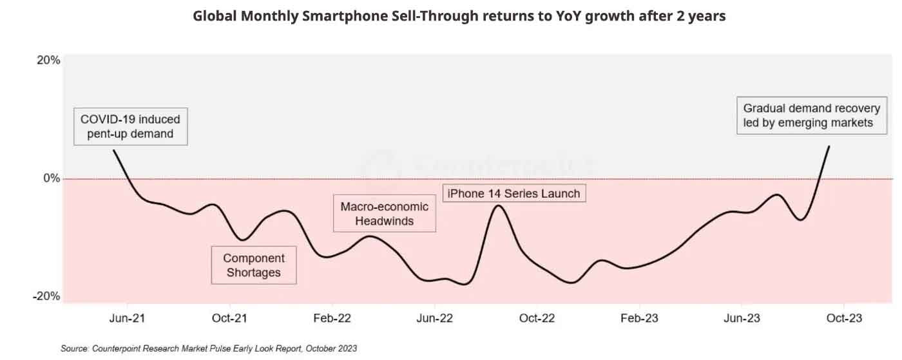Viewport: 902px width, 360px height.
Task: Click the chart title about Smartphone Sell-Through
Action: pyautogui.click(x=459, y=16)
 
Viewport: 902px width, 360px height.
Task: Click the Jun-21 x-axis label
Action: pyautogui.click(x=127, y=318)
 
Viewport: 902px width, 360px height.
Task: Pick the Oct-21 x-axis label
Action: pyautogui.click(x=229, y=318)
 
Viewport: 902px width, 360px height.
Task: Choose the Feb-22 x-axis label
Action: pyautogui.click(x=332, y=318)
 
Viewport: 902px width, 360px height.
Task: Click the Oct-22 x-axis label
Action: pyautogui.click(x=537, y=318)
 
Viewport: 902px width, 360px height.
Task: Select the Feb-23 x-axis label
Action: pyautogui.click(x=639, y=318)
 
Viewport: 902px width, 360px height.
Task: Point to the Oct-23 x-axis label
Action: pyautogui.click(x=843, y=318)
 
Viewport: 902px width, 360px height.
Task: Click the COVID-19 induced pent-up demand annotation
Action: pyautogui.click(x=130, y=126)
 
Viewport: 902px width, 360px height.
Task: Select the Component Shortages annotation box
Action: pyautogui.click(x=254, y=265)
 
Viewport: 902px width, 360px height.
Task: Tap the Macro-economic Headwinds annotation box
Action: pyautogui.click(x=384, y=214)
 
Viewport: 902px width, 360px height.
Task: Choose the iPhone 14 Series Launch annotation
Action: pyautogui.click(x=513, y=193)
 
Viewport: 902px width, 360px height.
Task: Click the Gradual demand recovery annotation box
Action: pyautogui.click(x=811, y=116)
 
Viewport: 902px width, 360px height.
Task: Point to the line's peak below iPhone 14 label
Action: pyautogui.click(x=498, y=205)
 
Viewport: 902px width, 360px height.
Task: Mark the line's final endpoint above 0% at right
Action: pyautogui.click(x=829, y=146)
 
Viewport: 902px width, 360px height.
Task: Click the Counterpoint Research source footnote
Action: pyautogui.click(x=209, y=348)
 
